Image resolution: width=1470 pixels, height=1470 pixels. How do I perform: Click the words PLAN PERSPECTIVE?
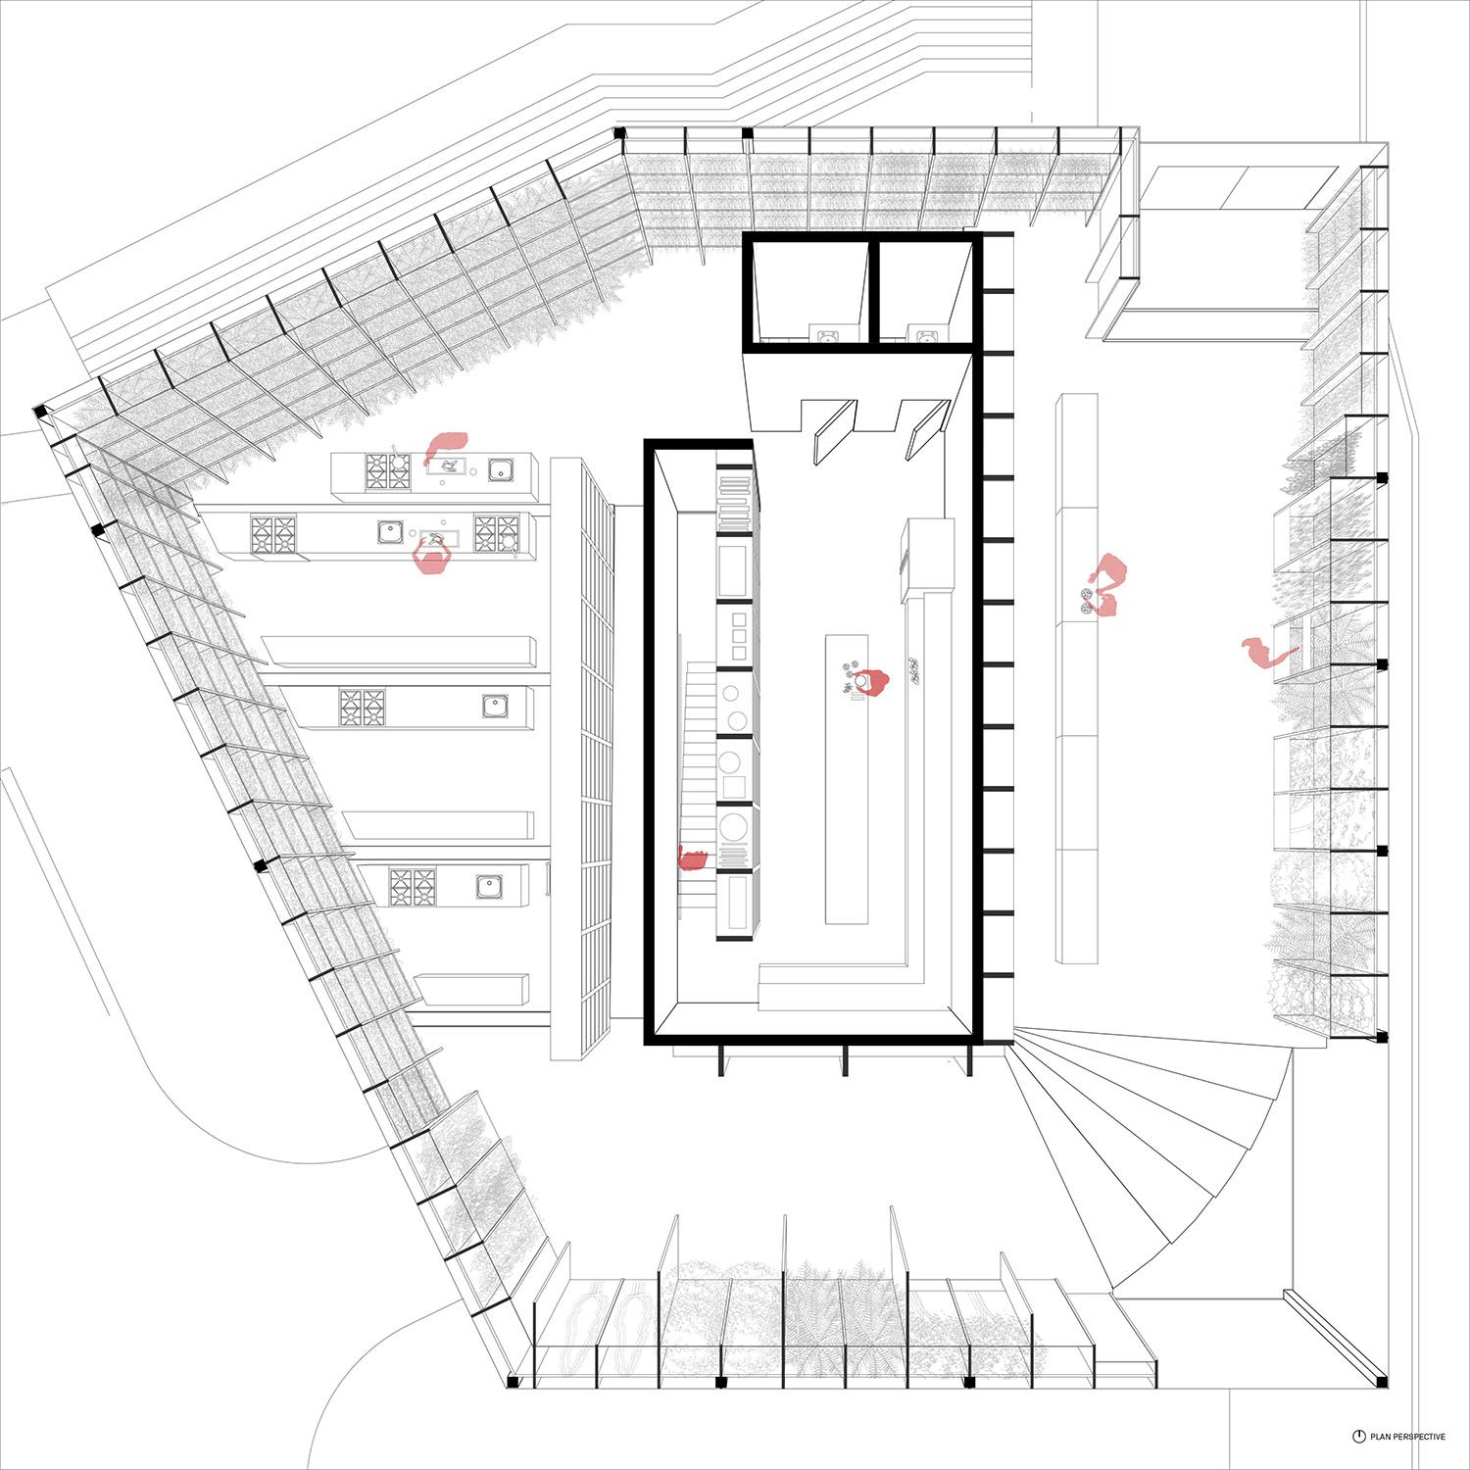coord(1407,1437)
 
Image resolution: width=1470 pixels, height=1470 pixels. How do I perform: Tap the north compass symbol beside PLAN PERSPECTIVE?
coord(1359,1437)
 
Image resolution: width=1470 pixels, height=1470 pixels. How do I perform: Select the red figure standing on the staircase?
coord(693,859)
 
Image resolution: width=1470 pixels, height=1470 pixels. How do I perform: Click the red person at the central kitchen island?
coord(869,681)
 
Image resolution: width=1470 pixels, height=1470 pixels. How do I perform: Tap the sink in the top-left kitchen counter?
coord(501,470)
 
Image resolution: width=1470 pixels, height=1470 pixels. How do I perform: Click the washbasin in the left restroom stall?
coord(827,337)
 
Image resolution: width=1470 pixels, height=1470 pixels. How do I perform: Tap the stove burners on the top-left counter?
coord(388,471)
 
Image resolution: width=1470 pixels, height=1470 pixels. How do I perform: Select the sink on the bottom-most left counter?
coord(489,887)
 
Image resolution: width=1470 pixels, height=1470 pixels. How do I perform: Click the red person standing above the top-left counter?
coord(446,446)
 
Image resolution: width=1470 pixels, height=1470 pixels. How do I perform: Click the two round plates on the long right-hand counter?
coord(1086,601)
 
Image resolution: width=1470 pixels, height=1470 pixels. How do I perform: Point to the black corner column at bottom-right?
coord(1381,1381)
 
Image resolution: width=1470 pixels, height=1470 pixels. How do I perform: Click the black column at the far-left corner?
coord(41,413)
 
